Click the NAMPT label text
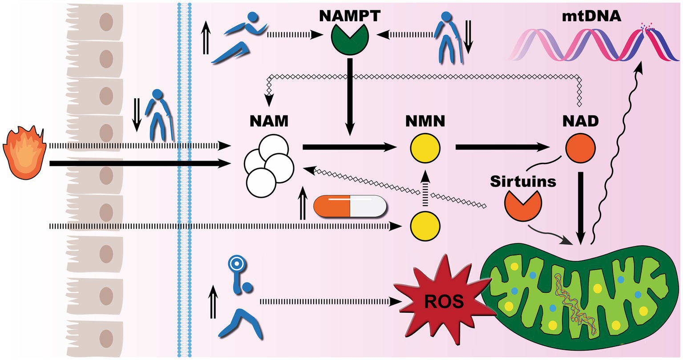350,16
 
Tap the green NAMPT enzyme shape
350,40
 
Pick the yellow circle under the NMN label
425,148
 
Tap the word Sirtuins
523,181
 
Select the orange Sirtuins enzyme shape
522,206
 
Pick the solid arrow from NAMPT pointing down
350,96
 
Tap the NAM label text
269,121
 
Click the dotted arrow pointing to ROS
329,301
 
